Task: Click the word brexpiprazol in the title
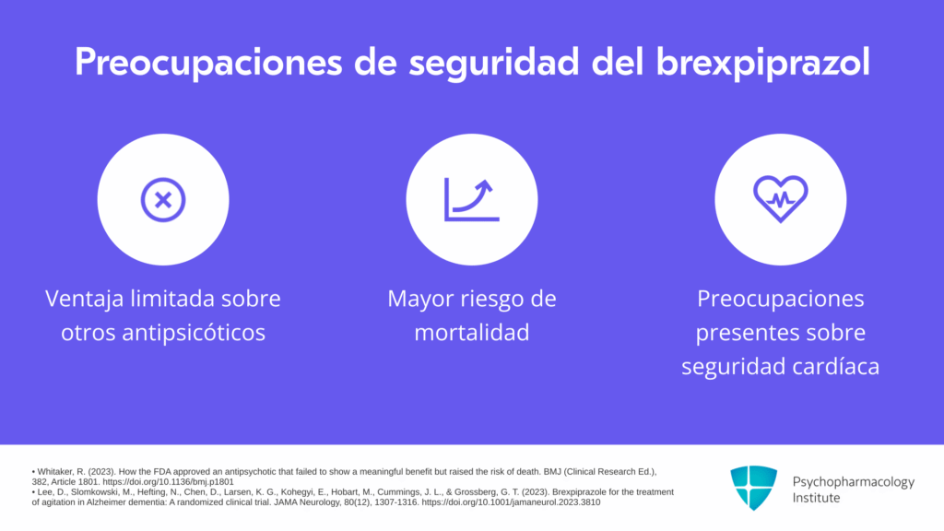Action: (762, 63)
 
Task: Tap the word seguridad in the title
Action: (494, 63)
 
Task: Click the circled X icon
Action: (163, 200)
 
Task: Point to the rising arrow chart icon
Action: (471, 199)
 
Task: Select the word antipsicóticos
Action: (194, 332)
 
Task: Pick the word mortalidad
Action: (472, 332)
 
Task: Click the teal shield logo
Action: (754, 488)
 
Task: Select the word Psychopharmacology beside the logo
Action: (853, 482)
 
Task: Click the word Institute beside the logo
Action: (816, 498)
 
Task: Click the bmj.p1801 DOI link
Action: (168, 481)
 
